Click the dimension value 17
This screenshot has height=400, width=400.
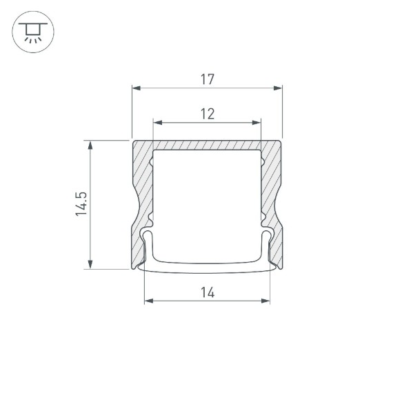click(207, 79)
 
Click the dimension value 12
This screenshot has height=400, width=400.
click(207, 114)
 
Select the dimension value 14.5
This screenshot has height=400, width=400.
click(82, 205)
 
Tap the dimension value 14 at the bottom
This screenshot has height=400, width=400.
click(208, 292)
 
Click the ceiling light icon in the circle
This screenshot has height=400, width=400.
click(31, 31)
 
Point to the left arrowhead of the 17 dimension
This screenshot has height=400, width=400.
click(135, 88)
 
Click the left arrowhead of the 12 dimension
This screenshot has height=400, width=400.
click(157, 123)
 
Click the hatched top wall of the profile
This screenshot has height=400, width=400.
click(207, 146)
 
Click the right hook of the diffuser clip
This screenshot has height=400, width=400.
click(268, 238)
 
